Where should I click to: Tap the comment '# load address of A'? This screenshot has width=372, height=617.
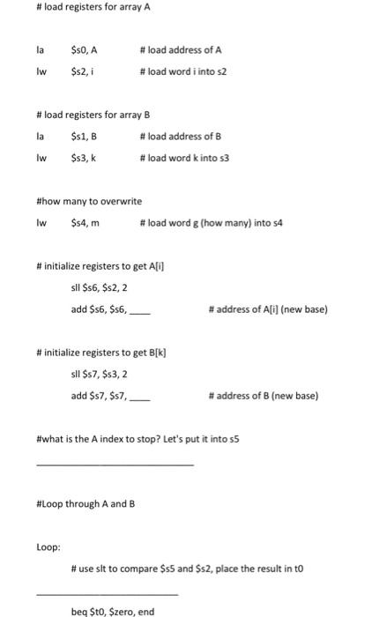[180, 50]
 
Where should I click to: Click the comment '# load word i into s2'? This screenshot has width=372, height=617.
[183, 71]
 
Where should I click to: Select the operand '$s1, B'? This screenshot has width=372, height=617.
[84, 137]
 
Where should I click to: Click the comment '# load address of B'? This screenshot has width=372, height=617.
[180, 137]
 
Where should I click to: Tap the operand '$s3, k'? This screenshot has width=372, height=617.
[82, 158]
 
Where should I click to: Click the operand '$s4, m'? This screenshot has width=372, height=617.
[85, 223]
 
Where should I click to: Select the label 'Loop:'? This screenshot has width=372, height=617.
[48, 547]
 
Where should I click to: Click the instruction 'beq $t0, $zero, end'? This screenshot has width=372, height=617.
[112, 611]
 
